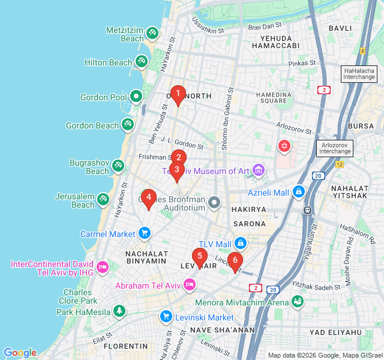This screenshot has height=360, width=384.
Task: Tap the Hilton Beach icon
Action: [x=141, y=61]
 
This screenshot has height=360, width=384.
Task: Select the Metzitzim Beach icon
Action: [x=152, y=32]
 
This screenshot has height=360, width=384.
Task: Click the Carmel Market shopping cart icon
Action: [x=144, y=233]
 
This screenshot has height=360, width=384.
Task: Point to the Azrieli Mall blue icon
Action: [x=299, y=192]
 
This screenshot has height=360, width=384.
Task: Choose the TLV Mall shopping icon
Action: [x=241, y=244]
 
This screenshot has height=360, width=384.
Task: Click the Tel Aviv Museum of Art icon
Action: [x=259, y=171]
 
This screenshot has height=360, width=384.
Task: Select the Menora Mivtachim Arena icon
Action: [x=297, y=302]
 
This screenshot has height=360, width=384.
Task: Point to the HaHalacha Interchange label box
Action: [x=359, y=74]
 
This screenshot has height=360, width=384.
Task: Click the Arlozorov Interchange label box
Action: [x=335, y=148]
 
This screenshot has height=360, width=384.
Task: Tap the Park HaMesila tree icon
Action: [x=120, y=311]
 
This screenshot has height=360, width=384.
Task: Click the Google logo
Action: [x=20, y=353]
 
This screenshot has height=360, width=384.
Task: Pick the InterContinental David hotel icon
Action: [x=102, y=266]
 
